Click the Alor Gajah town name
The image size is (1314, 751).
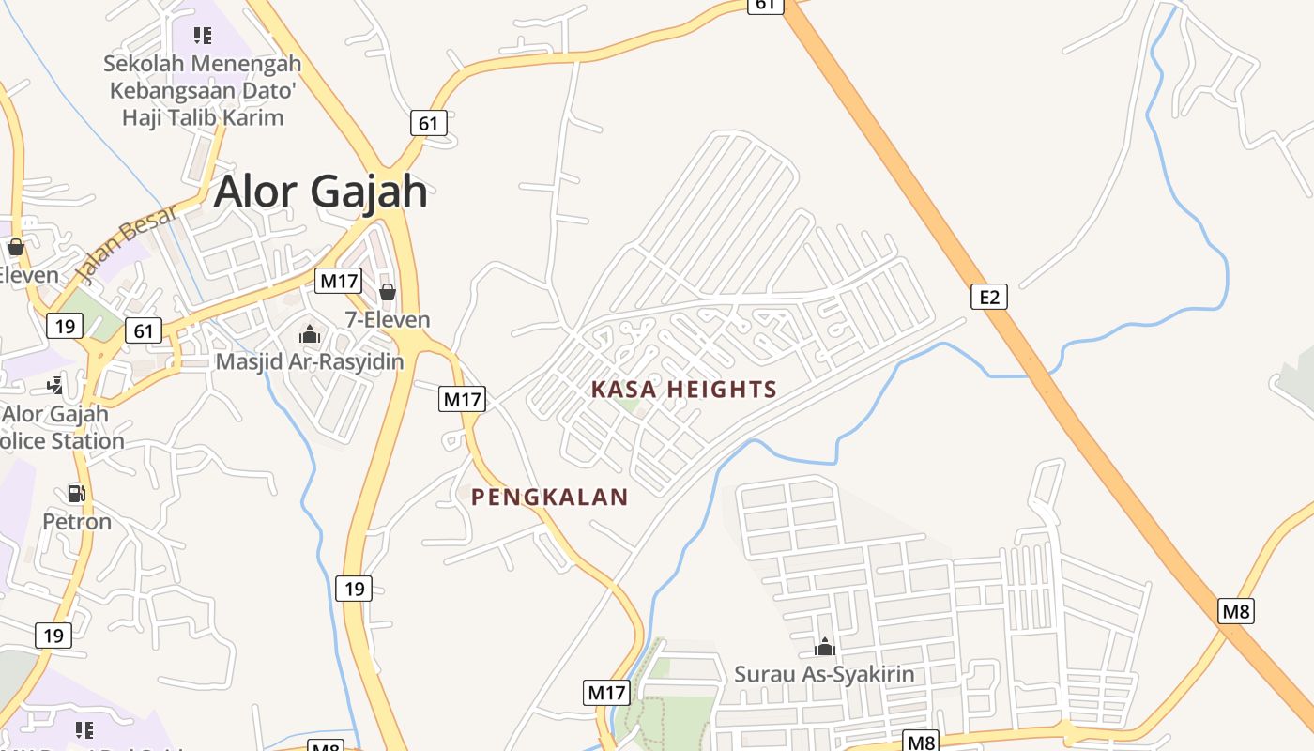[321, 192]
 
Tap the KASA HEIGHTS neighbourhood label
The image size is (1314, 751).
[684, 390]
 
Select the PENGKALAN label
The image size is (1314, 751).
[550, 498]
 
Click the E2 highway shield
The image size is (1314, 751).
[989, 298]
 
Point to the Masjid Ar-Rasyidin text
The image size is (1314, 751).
[310, 361]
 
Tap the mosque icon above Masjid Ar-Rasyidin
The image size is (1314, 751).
[310, 333]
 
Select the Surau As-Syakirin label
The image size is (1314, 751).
[824, 674]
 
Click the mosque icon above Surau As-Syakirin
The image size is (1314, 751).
[825, 646]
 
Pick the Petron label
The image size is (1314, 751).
[77, 521]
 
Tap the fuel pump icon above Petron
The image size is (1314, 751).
[76, 493]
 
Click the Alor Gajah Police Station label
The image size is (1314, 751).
[62, 427]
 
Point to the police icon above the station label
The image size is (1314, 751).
[55, 384]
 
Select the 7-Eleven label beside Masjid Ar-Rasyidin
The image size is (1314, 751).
[388, 319]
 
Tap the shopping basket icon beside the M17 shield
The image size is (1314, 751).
[388, 292]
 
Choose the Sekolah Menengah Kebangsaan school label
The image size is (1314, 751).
[202, 90]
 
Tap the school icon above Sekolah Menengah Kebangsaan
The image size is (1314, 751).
[203, 36]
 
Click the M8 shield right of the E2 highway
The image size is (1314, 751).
[1236, 612]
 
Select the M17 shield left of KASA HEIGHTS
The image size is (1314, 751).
[462, 399]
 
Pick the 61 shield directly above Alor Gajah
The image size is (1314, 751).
[428, 123]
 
